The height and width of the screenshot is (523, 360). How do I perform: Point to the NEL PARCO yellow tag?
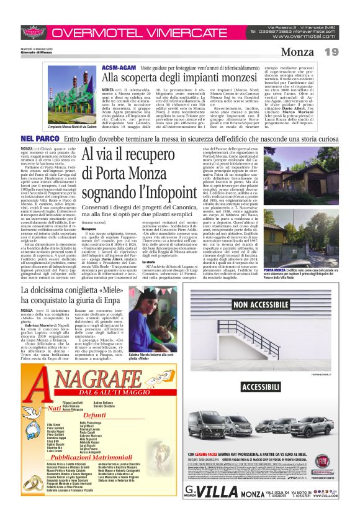[40, 137]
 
